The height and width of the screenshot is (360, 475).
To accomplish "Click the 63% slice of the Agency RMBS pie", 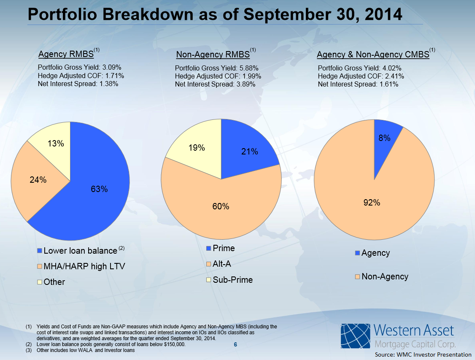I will (99, 189).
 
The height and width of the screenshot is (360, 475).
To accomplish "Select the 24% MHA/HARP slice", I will (38, 180).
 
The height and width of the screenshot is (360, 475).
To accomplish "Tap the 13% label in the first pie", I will (56, 143).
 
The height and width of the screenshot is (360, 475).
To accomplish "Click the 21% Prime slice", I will (249, 152).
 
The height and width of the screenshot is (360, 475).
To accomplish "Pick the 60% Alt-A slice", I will (221, 206).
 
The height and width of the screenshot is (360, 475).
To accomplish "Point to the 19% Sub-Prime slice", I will (197, 148).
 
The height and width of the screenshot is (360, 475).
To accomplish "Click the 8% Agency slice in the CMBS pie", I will (384, 138).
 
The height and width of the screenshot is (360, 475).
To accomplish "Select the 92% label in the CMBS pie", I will (372, 203).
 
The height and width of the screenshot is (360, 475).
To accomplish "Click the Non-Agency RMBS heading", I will (213, 55).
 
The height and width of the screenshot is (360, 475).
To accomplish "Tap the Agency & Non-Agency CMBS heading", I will (373, 55).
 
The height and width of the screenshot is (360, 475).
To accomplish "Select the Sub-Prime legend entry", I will (232, 279).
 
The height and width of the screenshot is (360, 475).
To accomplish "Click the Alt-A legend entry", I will (222, 264).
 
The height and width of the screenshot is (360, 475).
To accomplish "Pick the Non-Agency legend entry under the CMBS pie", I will (385, 276).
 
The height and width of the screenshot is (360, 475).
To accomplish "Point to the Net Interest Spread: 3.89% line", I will (215, 84).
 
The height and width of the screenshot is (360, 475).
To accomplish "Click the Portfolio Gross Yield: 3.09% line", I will (80, 67).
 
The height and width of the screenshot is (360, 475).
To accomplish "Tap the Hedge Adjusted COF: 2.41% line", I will (361, 76).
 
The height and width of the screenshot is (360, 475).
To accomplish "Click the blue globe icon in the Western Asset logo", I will (355, 337).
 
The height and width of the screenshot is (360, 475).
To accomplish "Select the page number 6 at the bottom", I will (235, 345).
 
